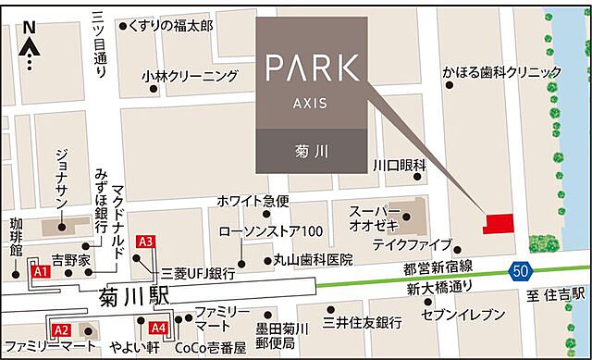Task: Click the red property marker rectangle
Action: point(499,223)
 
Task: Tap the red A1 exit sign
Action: point(40,273)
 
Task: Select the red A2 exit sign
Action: point(61,329)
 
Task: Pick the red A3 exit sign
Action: point(144,242)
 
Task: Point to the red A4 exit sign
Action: point(157,328)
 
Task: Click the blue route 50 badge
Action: point(521,269)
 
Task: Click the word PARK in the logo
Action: point(312,67)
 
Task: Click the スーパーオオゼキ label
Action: point(375,218)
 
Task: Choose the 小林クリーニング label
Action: point(190,76)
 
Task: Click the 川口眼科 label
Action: point(399,165)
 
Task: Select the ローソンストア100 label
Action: point(271,230)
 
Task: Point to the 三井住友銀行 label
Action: point(362,322)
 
